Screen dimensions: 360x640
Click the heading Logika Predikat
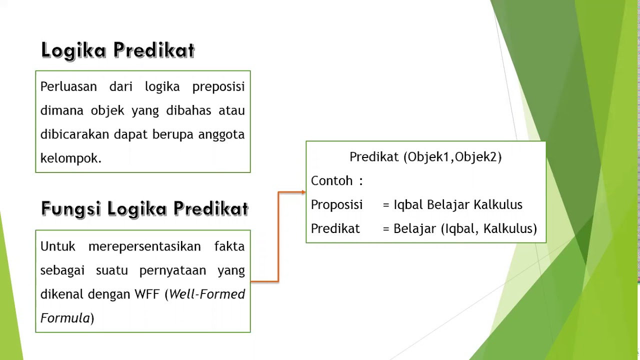(118, 50)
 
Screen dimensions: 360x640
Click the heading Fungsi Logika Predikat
(144, 208)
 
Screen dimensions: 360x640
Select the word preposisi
(218, 86)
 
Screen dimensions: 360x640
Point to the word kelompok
(70, 158)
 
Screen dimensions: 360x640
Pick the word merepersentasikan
(144, 246)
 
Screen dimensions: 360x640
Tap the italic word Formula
(65, 318)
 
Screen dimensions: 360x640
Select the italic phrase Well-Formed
(207, 294)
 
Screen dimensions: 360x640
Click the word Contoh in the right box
(332, 181)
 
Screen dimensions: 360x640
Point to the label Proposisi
(336, 205)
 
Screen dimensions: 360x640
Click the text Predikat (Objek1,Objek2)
(425, 157)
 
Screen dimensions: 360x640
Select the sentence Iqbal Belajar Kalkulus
(458, 205)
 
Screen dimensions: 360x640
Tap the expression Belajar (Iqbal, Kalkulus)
(465, 229)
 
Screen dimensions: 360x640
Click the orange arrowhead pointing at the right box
(303, 192)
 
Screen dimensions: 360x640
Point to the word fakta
(229, 246)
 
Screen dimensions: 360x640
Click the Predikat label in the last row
(335, 229)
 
